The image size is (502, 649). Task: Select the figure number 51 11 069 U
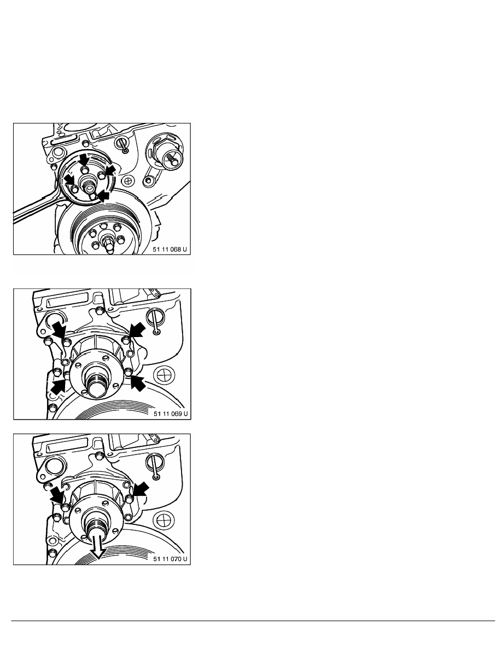171,414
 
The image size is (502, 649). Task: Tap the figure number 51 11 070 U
170,559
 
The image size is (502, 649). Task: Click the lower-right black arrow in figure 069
138,382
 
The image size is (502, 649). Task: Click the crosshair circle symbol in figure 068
129,180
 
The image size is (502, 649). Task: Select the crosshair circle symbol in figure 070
165,520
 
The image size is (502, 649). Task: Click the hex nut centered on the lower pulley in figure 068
107,241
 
